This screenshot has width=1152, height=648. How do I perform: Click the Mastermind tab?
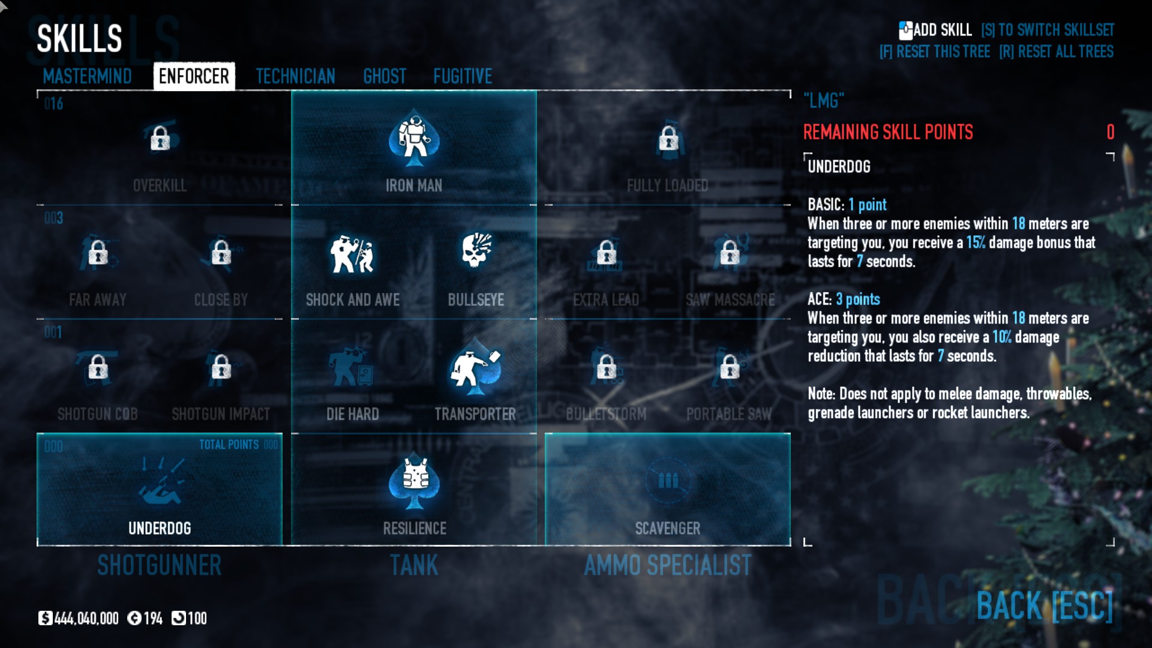pos(87,76)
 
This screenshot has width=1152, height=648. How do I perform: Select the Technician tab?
pos(295,76)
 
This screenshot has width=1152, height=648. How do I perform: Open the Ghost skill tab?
pos(385,76)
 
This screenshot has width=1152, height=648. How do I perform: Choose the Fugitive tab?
pos(463,76)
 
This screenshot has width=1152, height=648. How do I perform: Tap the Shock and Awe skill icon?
pos(352,254)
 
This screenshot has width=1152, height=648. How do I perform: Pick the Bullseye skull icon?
pos(476,250)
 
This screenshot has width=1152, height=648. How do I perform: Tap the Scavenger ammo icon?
pos(668,481)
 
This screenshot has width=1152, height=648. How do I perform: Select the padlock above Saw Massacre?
pos(730,252)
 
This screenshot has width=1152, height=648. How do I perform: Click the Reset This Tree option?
pos(935,52)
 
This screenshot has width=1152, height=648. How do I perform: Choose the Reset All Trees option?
pos(1056,52)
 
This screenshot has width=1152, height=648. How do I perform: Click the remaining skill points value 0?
pos(1110,132)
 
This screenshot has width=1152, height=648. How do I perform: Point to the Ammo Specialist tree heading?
pos(667,565)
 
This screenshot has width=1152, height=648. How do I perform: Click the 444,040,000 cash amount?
pos(86,619)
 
